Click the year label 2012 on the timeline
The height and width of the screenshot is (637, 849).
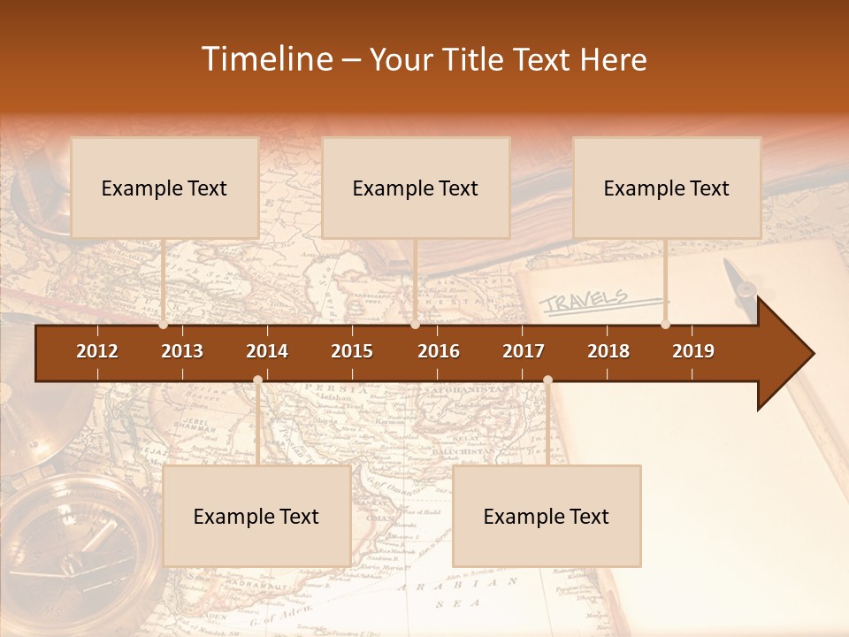point(97,351)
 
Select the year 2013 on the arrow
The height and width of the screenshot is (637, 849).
point(182,351)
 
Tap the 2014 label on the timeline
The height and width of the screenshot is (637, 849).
point(267,351)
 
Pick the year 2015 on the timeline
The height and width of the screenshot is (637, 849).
point(352,351)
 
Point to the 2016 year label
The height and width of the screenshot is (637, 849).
point(439,351)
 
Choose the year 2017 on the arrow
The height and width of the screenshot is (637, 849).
point(524,351)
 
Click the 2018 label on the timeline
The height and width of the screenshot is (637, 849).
point(608,351)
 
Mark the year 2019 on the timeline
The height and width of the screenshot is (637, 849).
point(693,351)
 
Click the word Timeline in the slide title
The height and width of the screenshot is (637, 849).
point(265,59)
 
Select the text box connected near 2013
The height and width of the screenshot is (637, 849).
point(164,188)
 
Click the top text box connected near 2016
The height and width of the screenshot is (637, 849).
point(416,188)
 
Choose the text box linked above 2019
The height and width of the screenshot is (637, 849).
point(667,188)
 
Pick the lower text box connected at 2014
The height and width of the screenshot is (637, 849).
point(256,516)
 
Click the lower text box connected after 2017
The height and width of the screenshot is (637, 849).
point(547,516)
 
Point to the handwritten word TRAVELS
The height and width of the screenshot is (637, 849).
point(584,301)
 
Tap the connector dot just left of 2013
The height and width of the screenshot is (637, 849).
point(163,325)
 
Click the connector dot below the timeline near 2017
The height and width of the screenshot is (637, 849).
point(547,380)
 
